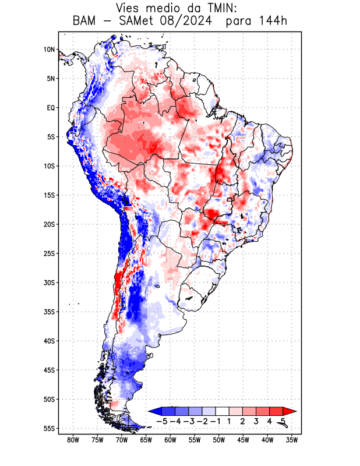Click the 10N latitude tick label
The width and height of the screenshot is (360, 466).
pyautogui.click(x=49, y=50)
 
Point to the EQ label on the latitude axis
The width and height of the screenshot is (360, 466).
pyautogui.click(x=51, y=108)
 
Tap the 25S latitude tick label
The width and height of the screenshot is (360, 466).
pyautogui.click(x=49, y=253)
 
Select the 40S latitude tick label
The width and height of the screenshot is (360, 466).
pyautogui.click(x=49, y=341)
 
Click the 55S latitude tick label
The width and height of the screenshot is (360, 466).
pyautogui.click(x=49, y=428)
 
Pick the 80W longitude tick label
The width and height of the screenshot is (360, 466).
pyautogui.click(x=73, y=440)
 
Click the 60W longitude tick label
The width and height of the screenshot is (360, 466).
pyautogui.click(x=170, y=440)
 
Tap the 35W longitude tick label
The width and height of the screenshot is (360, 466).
pyautogui.click(x=292, y=440)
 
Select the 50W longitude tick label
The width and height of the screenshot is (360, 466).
pyautogui.click(x=219, y=440)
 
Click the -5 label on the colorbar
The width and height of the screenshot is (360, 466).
pyautogui.click(x=162, y=421)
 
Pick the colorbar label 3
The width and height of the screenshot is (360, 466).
pyautogui.click(x=257, y=421)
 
